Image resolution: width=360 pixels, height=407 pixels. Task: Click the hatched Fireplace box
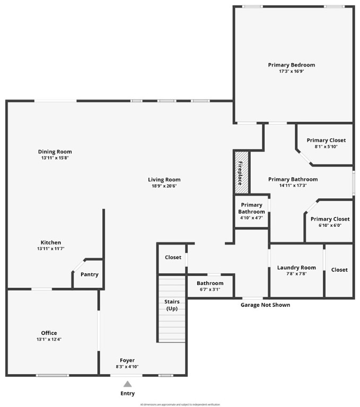click(241, 172)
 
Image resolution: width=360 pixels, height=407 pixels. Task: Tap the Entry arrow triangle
click(127, 384)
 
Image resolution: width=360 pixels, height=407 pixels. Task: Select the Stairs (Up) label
click(172, 305)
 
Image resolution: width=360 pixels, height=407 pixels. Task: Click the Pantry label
click(89, 275)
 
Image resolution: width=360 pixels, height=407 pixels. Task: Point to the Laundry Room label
click(296, 268)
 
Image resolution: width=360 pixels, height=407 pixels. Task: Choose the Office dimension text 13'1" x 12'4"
click(49, 339)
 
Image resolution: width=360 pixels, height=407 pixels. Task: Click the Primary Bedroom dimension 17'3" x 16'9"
click(291, 71)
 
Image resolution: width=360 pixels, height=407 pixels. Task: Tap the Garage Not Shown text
click(265, 305)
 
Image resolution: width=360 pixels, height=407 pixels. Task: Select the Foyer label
click(127, 360)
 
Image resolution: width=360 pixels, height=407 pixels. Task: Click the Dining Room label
click(55, 152)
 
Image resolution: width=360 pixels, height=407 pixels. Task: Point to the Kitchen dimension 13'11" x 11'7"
click(50, 249)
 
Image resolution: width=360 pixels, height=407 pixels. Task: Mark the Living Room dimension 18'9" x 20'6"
click(164, 185)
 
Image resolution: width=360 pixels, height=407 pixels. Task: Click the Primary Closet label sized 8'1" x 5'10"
click(326, 140)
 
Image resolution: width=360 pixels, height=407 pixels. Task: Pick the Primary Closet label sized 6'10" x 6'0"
click(330, 219)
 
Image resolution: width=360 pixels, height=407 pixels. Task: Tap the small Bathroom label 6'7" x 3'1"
click(210, 283)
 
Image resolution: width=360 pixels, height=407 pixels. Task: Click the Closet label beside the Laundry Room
click(339, 270)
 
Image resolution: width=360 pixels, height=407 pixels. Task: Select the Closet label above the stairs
click(173, 258)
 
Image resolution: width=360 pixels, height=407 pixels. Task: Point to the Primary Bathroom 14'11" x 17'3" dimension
click(293, 185)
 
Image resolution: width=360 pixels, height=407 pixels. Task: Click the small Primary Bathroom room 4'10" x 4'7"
click(251, 211)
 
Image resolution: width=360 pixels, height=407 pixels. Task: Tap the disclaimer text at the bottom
click(180, 404)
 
